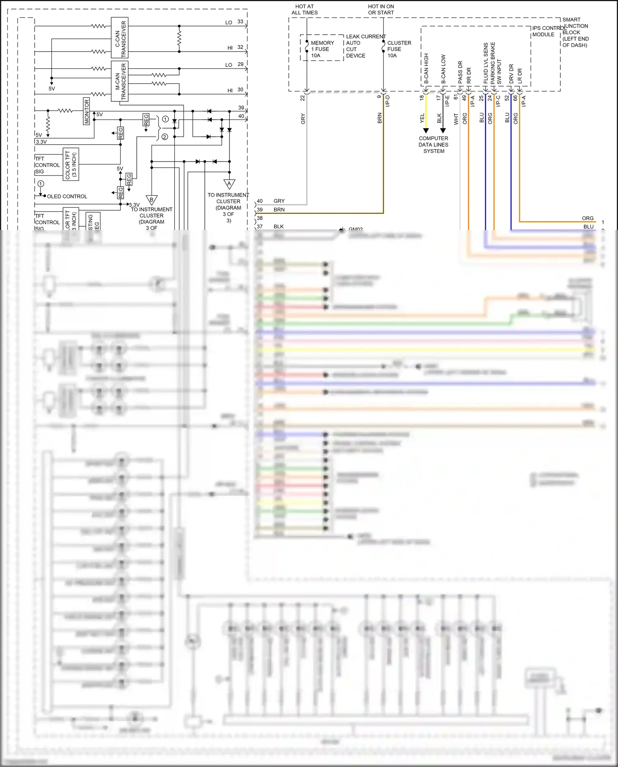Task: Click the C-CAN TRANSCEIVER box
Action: tap(120, 38)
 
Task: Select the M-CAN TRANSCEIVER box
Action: tap(120, 81)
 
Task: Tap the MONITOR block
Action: tap(87, 111)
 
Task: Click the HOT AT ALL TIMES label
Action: tap(304, 9)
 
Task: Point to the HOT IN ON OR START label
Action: tap(381, 9)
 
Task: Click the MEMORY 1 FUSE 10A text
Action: tap(322, 49)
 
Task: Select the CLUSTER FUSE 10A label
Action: tap(399, 49)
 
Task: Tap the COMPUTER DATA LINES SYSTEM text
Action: tap(433, 145)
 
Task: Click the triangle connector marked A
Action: tap(229, 184)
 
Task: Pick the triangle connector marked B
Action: tap(152, 200)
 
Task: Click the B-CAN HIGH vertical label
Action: tap(426, 68)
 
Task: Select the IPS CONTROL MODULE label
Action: tap(548, 31)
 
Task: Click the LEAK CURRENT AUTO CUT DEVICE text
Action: tap(365, 46)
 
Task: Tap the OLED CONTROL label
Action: tap(67, 197)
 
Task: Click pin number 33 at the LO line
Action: tap(240, 21)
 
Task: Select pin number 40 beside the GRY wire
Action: tap(260, 201)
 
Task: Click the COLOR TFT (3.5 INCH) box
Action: tap(71, 164)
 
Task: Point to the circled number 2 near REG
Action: tap(165, 137)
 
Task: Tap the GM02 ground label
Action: tap(356, 229)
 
